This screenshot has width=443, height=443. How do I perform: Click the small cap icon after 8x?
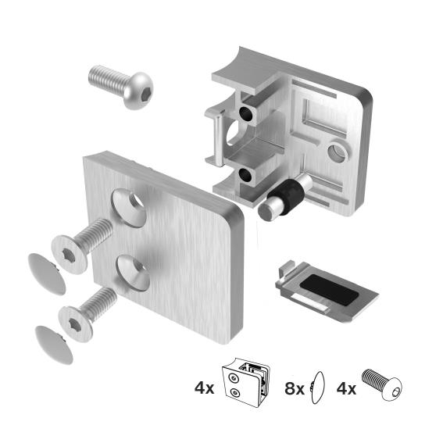316,386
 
